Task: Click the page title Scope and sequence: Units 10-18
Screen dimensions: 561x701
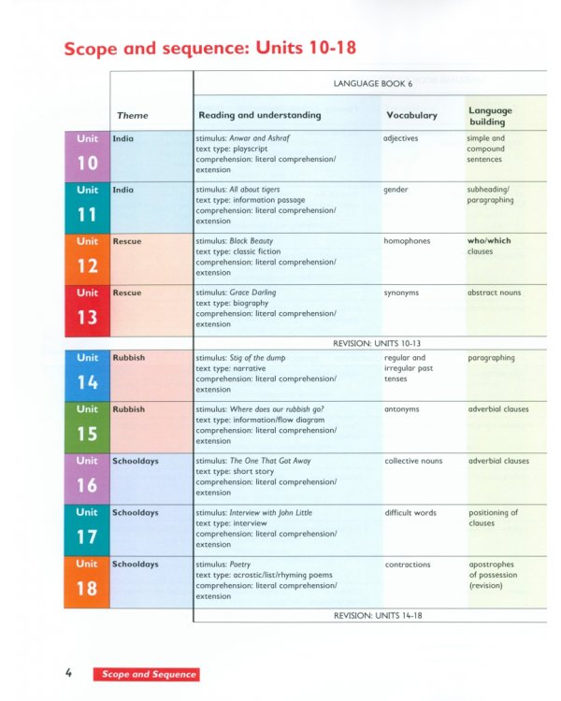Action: tap(209, 48)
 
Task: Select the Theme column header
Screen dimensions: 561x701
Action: tap(133, 115)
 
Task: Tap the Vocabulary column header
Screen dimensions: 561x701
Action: tap(410, 115)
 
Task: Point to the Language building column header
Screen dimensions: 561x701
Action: tap(490, 116)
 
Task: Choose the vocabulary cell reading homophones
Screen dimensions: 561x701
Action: tap(407, 241)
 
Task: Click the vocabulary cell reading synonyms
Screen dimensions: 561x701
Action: tap(401, 293)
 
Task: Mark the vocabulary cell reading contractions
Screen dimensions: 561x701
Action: tap(408, 565)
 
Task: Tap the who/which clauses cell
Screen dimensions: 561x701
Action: tap(489, 246)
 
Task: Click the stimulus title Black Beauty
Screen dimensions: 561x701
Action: tap(252, 241)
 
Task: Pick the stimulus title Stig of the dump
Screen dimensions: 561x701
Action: tap(257, 358)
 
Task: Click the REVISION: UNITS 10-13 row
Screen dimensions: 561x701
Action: tap(371, 343)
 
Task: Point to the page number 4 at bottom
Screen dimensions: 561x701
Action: tap(69, 673)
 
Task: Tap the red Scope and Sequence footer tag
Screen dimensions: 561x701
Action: tap(145, 674)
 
